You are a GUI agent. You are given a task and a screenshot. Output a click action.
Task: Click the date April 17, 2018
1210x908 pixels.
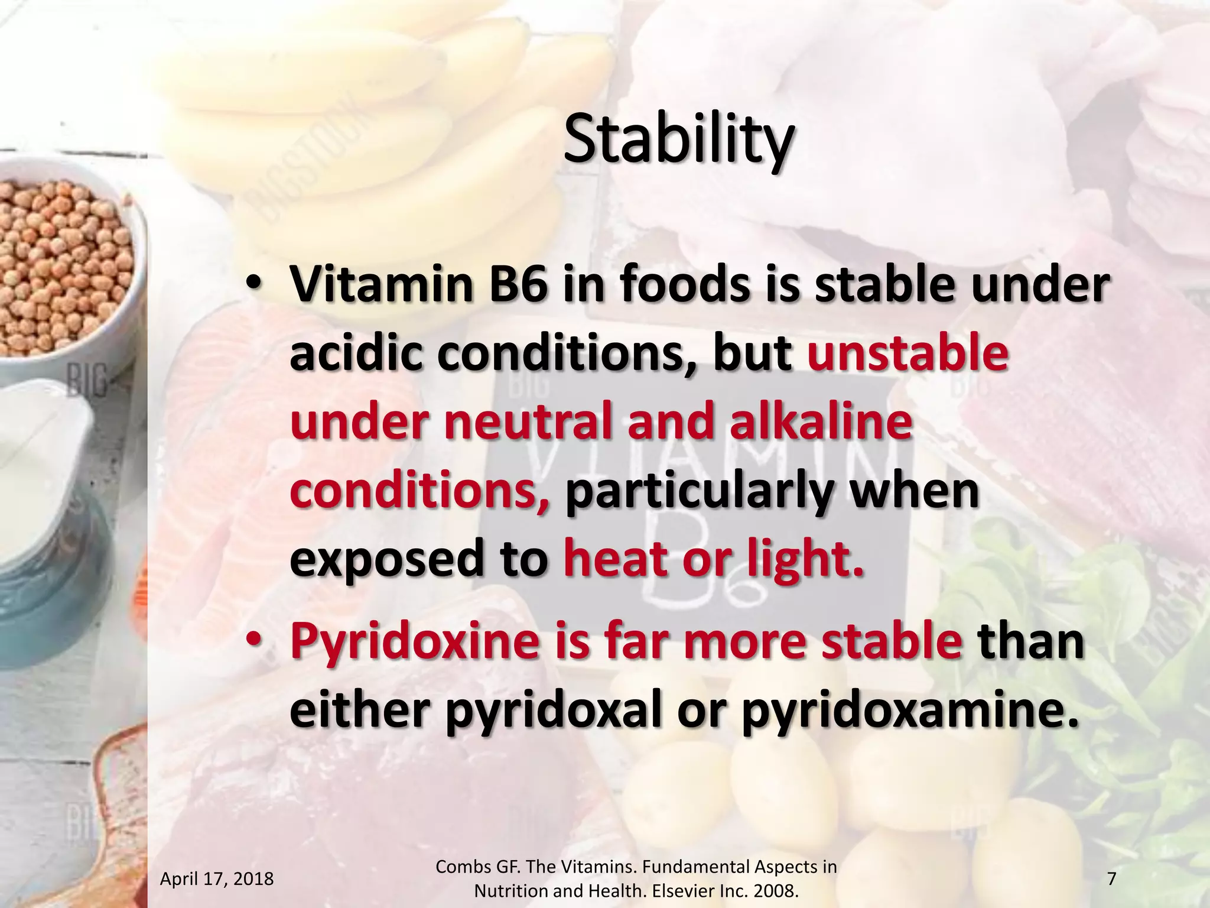coord(217,879)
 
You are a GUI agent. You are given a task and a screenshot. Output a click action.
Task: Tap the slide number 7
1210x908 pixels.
coord(1111,879)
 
